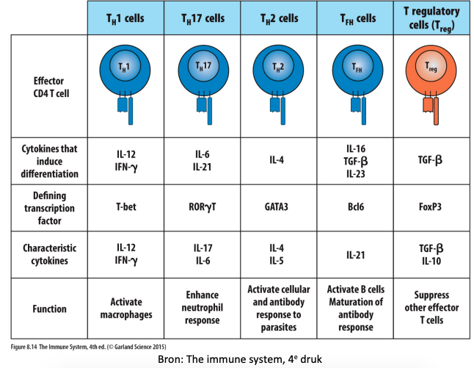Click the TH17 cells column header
point(203,18)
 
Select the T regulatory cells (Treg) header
point(431,18)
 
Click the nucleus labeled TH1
point(125,67)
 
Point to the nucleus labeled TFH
point(357,66)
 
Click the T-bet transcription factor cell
point(126,207)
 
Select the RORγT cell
point(203,207)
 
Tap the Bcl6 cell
point(356,207)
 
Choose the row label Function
point(50,309)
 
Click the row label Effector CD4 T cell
point(51,87)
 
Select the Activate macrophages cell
point(126,309)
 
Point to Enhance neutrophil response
point(203,308)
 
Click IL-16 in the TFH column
point(356,148)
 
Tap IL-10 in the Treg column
point(431,261)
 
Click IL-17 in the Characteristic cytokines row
point(203,248)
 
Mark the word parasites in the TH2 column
point(279,328)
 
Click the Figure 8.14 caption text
point(88,347)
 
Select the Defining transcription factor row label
point(50,208)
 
